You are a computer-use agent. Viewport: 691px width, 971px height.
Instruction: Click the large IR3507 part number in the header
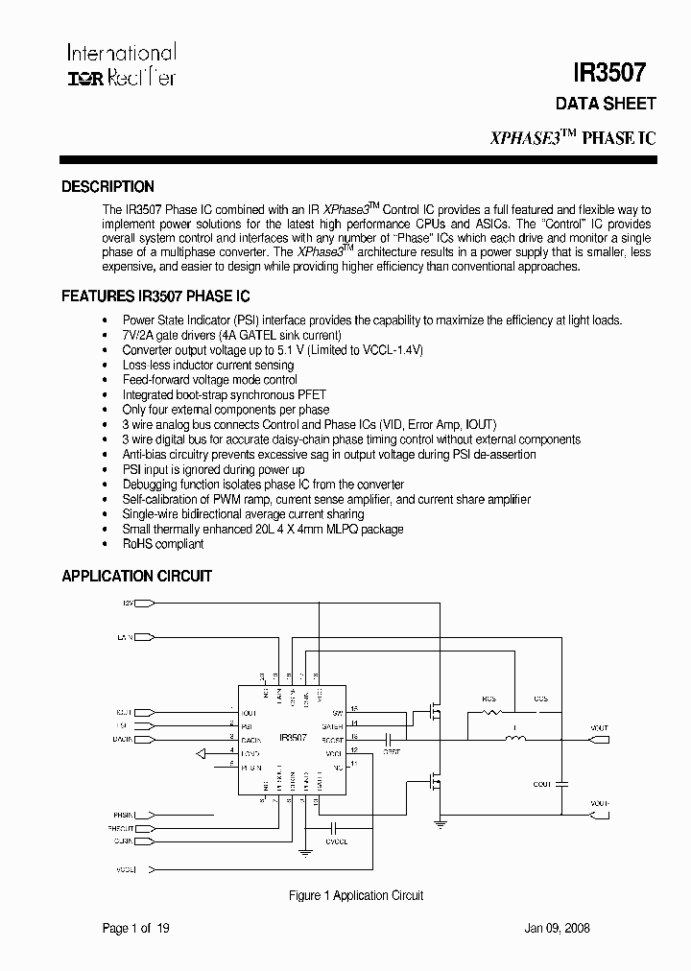tap(609, 73)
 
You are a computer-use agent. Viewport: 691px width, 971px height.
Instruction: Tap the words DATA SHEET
tap(606, 104)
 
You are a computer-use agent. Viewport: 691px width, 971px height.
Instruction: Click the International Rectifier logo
tap(121, 65)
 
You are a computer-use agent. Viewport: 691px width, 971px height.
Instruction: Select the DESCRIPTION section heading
tap(107, 187)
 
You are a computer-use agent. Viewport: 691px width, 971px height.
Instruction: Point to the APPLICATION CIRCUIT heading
tap(136, 577)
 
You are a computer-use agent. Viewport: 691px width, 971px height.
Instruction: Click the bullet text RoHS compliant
tap(163, 544)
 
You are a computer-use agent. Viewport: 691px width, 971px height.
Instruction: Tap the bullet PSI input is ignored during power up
tap(213, 470)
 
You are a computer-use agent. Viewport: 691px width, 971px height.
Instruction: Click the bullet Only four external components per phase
tap(226, 410)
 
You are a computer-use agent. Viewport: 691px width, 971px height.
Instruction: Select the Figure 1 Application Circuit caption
tap(356, 895)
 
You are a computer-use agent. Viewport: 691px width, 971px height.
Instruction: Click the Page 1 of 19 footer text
tap(136, 928)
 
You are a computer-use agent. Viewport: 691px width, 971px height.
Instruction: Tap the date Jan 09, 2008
tap(557, 928)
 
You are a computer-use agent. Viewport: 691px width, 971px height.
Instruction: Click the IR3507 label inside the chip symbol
tap(293, 737)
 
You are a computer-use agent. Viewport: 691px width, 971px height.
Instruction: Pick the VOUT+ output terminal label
tap(599, 729)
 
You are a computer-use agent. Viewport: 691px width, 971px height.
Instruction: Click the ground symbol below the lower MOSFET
tap(440, 822)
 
